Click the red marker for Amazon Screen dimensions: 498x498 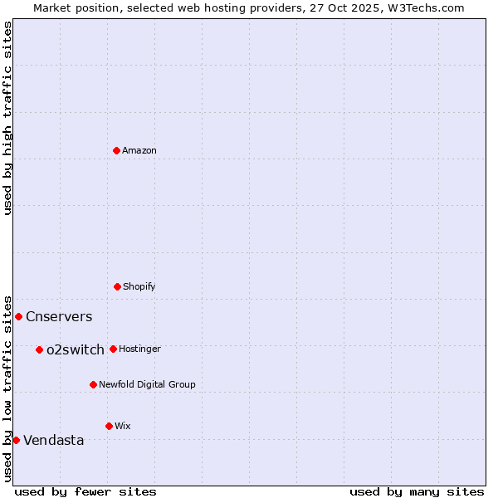116,150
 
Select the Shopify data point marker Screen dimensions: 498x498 117,286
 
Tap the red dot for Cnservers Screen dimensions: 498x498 18,316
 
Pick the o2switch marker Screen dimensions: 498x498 39,349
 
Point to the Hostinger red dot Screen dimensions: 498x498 113,349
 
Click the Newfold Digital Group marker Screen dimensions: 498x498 93,384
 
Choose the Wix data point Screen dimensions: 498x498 109,426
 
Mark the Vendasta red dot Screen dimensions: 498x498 16,440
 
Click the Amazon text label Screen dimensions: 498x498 139,150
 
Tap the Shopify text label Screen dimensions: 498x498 139,286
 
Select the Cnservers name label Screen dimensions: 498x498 59,316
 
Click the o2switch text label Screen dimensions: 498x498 76,349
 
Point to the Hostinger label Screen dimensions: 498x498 139,349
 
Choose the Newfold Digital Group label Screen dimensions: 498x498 147,384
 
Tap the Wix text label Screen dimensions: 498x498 123,426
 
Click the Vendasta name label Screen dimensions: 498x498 54,440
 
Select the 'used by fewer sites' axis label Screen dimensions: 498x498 85,491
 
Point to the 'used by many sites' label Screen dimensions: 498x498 417,491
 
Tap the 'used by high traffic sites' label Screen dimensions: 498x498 7,118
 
